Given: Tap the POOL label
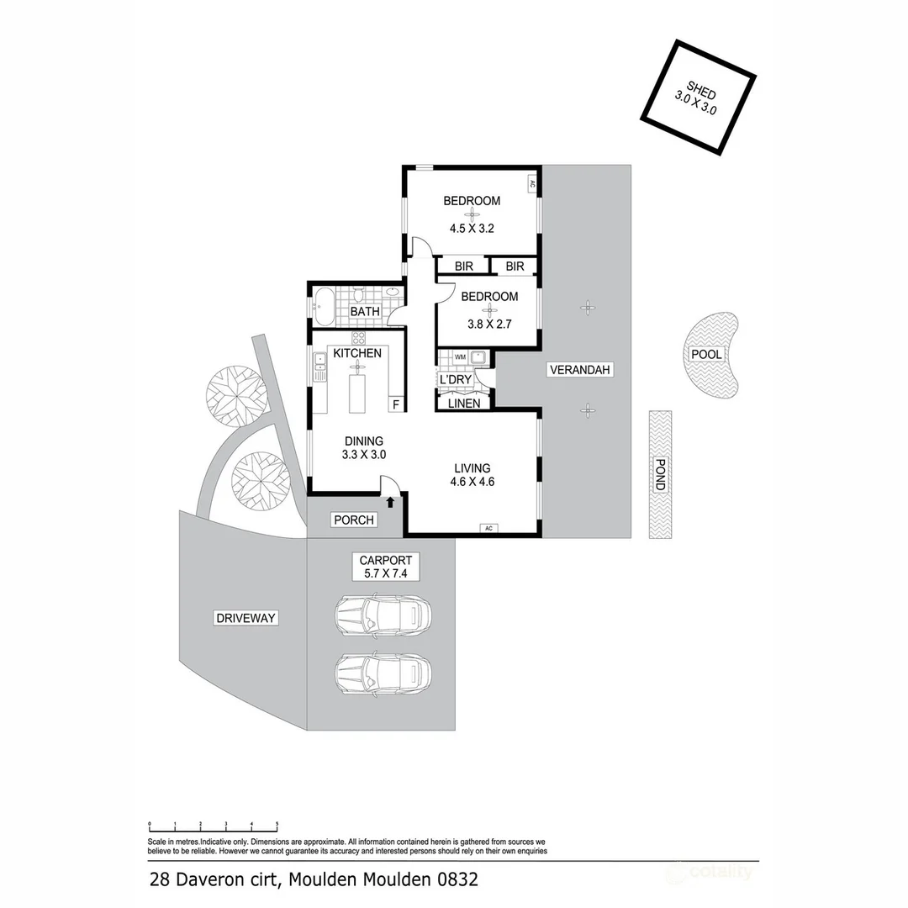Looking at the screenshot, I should point(706,354).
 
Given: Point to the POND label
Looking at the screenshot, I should point(660,475).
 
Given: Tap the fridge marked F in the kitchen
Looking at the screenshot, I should point(395,404).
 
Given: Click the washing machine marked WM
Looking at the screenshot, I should point(460,356).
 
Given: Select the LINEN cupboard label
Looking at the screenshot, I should point(463,404).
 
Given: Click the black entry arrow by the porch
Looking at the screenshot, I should point(390,503).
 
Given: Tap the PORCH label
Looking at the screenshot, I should point(354,520).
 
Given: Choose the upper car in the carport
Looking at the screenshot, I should point(383,615).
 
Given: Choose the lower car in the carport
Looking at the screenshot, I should point(383,673).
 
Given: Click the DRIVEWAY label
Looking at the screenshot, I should point(245,618).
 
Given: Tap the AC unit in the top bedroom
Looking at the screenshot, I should point(532,182).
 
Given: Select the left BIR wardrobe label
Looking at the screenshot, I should point(463,267).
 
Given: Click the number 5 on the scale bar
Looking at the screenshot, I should point(277,825).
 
